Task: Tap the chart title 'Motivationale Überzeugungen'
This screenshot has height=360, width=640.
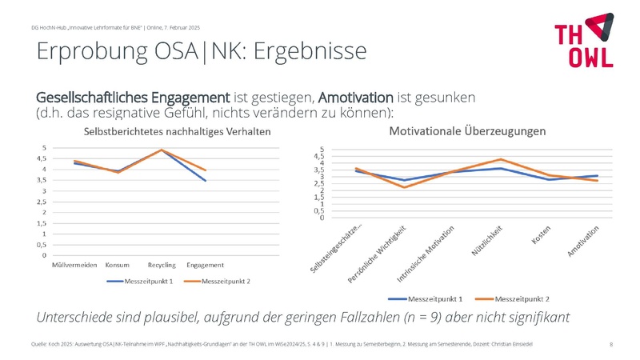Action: click(x=468, y=130)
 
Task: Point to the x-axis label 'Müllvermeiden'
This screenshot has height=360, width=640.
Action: click(x=74, y=265)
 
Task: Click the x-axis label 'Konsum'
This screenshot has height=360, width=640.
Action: click(x=118, y=265)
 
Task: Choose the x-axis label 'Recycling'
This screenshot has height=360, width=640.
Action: click(x=162, y=265)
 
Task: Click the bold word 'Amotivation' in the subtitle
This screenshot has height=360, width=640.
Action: click(x=356, y=97)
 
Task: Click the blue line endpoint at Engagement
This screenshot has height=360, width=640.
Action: click(x=206, y=181)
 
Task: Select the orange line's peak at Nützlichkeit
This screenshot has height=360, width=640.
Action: click(x=501, y=159)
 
